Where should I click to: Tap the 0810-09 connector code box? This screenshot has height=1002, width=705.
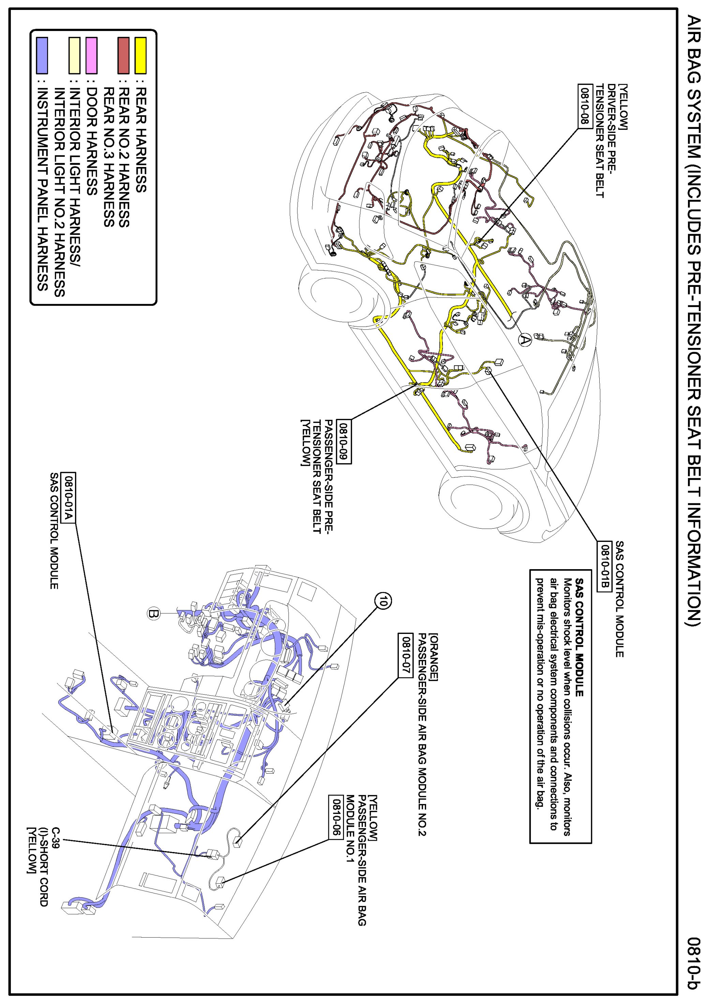(x=345, y=442)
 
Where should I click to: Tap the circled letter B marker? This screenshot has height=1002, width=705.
(x=152, y=613)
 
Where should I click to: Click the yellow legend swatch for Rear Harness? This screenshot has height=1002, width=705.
(x=140, y=56)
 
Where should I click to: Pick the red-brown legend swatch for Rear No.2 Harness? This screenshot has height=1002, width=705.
(x=123, y=56)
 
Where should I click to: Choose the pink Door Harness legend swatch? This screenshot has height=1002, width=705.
(x=92, y=56)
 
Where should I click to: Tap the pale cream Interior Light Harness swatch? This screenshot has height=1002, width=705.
(x=75, y=56)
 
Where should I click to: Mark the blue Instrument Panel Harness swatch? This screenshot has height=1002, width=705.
(x=42, y=56)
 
